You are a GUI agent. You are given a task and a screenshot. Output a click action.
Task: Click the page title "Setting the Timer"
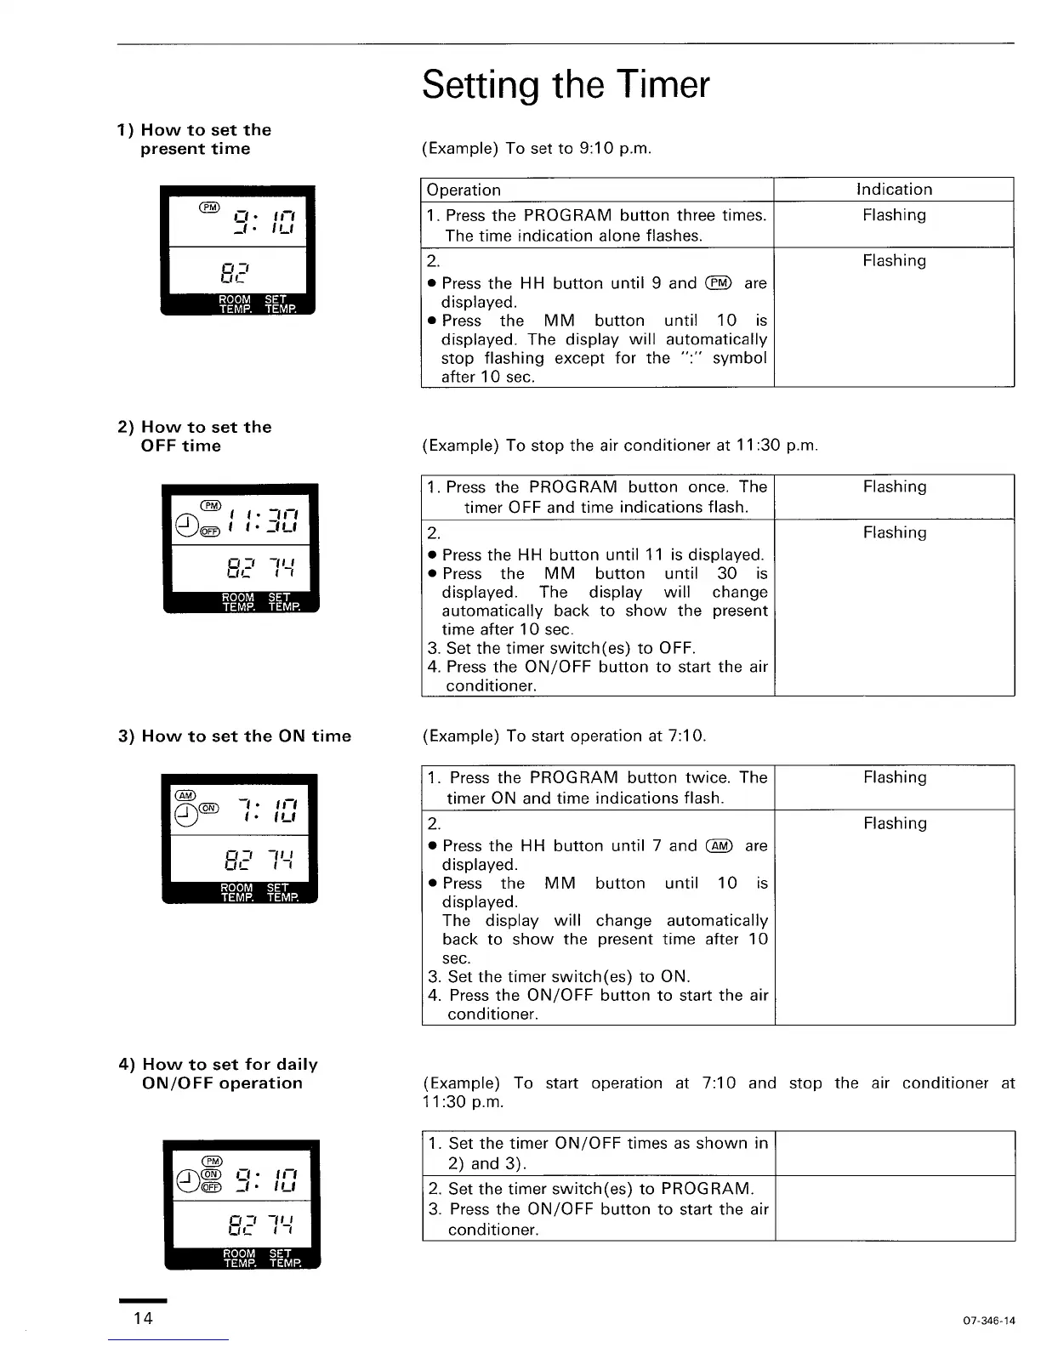(x=565, y=84)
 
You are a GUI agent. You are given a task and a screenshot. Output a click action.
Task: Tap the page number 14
(x=143, y=1318)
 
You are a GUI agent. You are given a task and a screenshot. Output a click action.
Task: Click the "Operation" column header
(x=464, y=190)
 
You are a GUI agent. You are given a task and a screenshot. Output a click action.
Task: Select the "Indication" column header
(x=894, y=190)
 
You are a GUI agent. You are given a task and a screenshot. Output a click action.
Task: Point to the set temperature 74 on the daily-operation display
(x=280, y=1225)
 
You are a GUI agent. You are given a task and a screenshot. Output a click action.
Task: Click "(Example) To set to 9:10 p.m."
(x=537, y=149)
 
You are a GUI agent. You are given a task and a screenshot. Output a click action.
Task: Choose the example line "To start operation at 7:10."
(x=564, y=736)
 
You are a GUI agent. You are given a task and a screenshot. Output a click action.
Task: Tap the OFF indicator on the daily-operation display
(x=212, y=1187)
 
